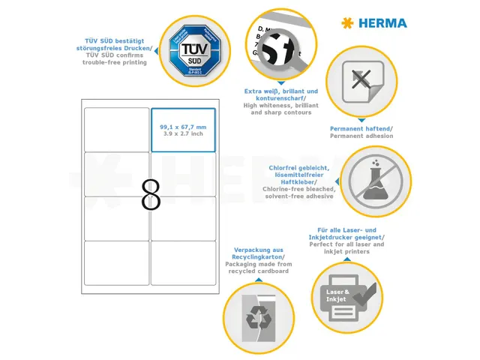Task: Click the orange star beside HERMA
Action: point(346,23)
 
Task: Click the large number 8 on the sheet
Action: point(151,195)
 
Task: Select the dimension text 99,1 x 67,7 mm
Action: point(183,127)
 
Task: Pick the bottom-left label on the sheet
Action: point(117,262)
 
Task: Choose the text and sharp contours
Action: point(281,112)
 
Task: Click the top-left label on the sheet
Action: point(117,130)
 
